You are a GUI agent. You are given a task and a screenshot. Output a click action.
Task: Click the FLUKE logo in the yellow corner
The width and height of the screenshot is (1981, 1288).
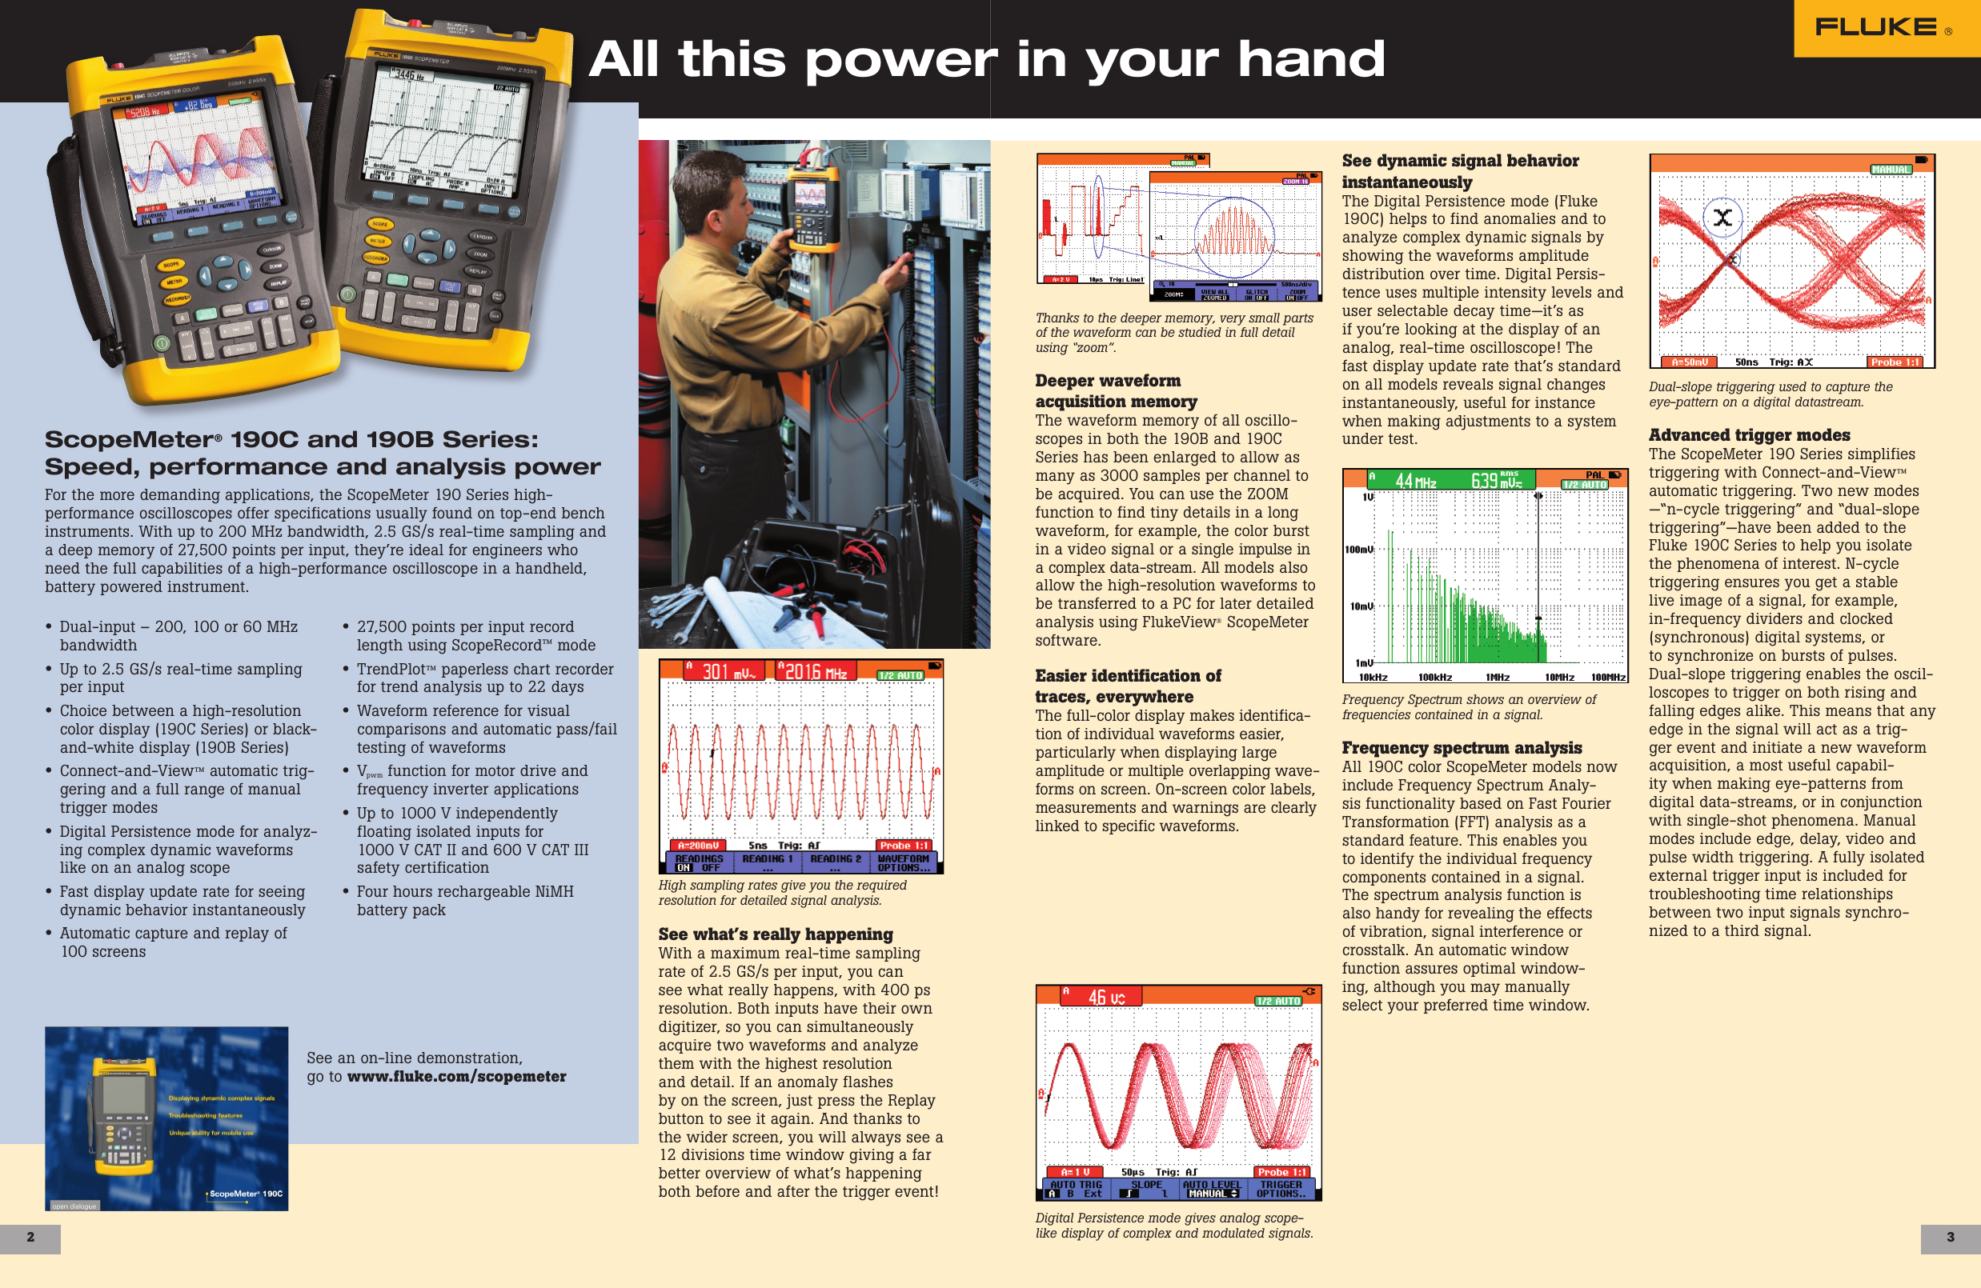(1876, 27)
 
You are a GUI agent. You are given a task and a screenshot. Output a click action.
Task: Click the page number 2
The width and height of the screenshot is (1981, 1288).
(30, 1238)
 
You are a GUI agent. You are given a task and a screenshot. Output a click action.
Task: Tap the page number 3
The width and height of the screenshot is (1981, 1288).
(1949, 1238)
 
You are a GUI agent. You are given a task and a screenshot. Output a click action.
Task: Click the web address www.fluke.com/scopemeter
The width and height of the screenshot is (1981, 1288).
(456, 1077)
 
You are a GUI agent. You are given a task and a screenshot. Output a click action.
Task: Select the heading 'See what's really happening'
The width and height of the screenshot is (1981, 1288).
(775, 934)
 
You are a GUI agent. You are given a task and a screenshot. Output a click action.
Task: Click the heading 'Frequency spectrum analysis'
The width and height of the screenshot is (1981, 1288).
(1461, 748)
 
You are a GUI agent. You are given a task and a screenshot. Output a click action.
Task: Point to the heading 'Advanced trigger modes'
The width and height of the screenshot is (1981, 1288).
(1749, 435)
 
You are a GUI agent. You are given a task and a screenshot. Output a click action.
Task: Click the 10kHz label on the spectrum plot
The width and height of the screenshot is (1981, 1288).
(1373, 678)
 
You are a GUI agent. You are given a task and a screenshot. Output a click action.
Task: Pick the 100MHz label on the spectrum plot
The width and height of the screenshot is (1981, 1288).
(1607, 678)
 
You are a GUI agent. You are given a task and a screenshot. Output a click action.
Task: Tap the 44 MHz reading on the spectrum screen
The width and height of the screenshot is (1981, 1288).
(1415, 481)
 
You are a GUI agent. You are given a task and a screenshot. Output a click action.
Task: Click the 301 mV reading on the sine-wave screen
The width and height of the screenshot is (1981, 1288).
(727, 671)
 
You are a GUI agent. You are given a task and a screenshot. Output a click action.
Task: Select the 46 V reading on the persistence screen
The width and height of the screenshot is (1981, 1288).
(1106, 997)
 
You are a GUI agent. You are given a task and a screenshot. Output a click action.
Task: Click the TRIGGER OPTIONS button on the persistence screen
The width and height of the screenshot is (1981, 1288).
(1280, 1189)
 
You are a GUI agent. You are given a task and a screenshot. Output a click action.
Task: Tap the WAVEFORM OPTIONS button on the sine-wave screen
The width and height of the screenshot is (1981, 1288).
(903, 863)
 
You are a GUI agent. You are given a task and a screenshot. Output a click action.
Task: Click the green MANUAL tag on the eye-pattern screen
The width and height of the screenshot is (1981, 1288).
(1891, 170)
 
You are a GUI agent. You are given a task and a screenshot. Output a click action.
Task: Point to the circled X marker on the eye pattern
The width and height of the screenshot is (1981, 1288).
(1722, 218)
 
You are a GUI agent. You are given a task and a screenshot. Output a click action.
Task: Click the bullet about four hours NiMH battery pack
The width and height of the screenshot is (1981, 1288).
(464, 900)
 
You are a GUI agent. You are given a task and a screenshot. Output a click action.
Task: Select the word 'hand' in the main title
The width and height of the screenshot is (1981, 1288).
(1310, 60)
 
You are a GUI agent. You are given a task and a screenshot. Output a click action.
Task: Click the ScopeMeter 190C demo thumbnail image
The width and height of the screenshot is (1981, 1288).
(166, 1118)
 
